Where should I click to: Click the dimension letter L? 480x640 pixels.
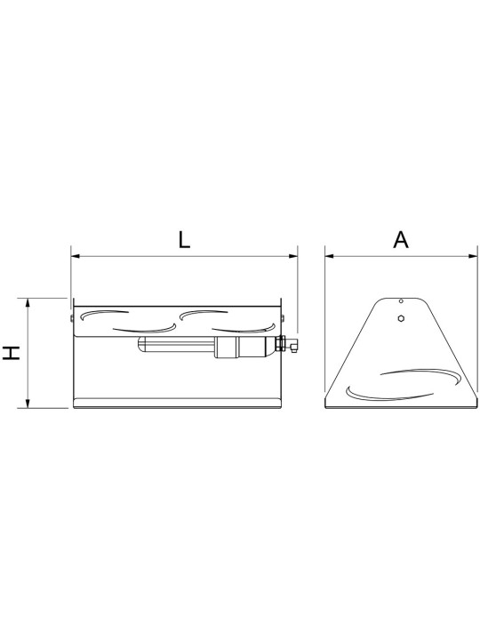click(185, 240)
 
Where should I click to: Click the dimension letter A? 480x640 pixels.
click(401, 240)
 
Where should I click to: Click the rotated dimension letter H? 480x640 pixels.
click(12, 353)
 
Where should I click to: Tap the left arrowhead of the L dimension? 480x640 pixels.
click(76, 256)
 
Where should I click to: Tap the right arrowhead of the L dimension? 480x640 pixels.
click(293, 256)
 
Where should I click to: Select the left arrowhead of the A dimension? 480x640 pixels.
click(330, 256)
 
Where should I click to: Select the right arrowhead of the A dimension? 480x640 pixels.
click(473, 256)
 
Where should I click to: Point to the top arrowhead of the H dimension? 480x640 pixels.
click(28, 302)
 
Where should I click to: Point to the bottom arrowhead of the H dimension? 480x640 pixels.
click(28, 404)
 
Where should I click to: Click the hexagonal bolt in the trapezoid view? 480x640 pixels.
click(402, 318)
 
